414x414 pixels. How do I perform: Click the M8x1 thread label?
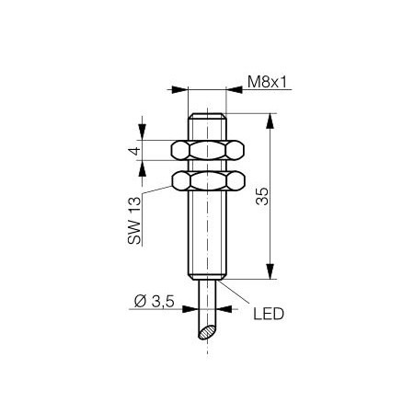(267, 82)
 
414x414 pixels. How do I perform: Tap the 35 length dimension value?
(262, 196)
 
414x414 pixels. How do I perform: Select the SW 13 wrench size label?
(134, 220)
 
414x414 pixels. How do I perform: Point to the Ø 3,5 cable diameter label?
(155, 302)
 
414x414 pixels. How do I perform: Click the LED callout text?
(269, 314)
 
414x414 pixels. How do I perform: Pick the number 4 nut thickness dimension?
(134, 151)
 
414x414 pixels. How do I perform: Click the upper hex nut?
(208, 150)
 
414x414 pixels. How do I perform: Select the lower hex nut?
(208, 180)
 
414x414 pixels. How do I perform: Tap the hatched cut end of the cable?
(207, 333)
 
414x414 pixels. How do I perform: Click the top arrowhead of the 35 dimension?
(270, 121)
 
